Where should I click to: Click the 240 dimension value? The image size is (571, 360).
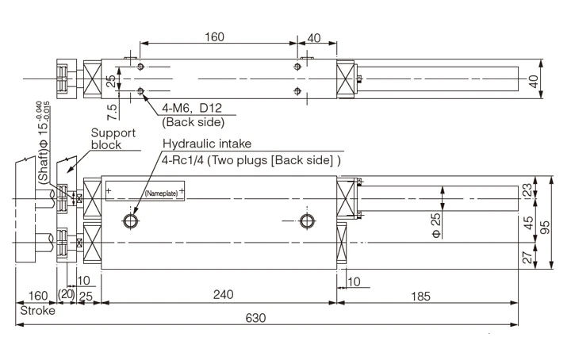[223, 295]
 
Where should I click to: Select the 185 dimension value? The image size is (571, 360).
[421, 296]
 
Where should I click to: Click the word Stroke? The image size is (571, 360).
[38, 310]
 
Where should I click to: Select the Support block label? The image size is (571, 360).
[113, 140]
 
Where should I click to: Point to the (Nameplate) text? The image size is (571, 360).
[161, 192]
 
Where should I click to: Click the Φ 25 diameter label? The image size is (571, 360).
[435, 224]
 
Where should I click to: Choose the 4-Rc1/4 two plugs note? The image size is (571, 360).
[251, 159]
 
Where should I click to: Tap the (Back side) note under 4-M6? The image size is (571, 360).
[194, 122]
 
